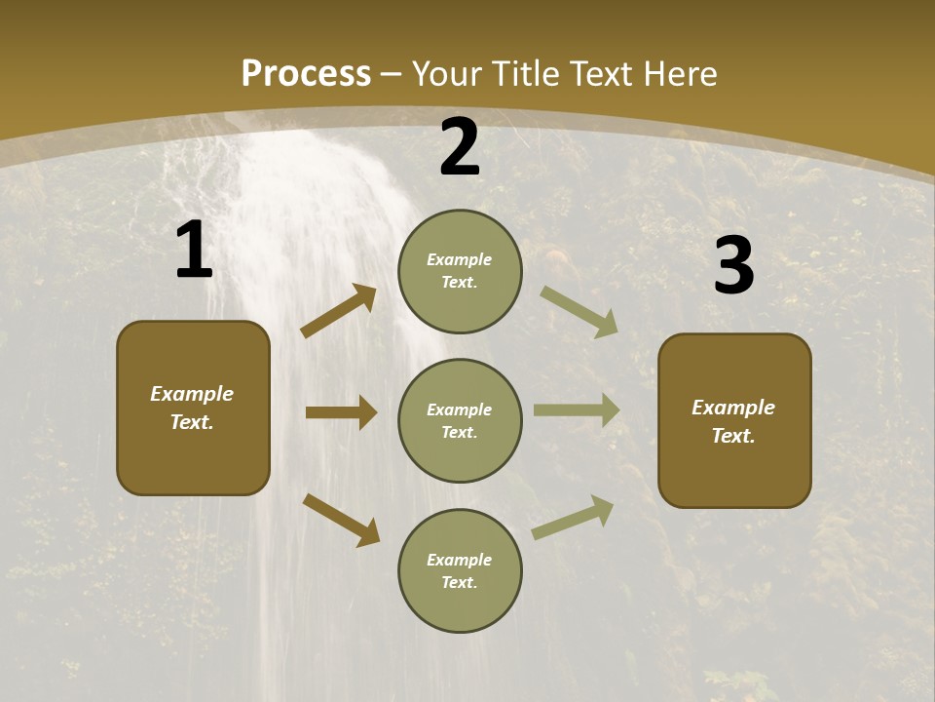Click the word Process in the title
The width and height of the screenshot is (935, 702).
click(306, 74)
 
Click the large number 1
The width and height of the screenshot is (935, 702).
click(194, 252)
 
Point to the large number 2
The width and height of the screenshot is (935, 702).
click(460, 147)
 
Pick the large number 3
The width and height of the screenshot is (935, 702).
click(733, 266)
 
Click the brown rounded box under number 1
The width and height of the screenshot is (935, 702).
click(193, 408)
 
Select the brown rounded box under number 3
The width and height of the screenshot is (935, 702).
click(734, 421)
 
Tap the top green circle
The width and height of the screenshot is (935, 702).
click(460, 271)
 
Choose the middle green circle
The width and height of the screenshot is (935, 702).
click(460, 421)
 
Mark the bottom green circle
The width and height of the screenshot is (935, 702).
click(460, 571)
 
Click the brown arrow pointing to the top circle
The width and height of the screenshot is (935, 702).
click(339, 311)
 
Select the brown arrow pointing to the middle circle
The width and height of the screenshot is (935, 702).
click(341, 412)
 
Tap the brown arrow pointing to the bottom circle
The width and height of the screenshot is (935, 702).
click(341, 520)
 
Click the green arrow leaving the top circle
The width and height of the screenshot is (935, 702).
click(580, 311)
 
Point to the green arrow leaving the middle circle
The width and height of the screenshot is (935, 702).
click(577, 410)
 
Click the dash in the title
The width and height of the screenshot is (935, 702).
click(392, 74)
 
